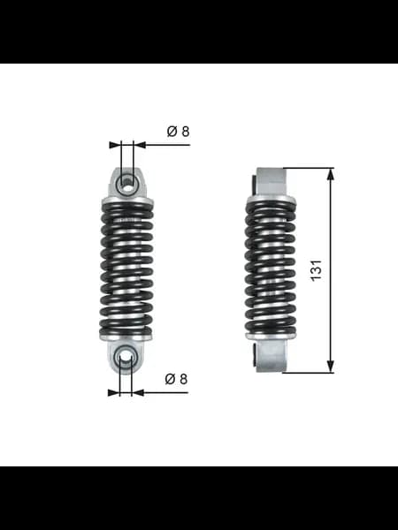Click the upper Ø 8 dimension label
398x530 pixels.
coord(179,131)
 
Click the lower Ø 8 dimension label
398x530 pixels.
coord(176,379)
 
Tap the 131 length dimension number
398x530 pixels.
coord(316,270)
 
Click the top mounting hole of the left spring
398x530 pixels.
coord(126,185)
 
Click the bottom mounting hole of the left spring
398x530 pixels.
coord(126,356)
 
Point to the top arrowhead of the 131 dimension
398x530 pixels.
coord(331,174)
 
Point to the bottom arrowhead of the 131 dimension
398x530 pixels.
coord(331,367)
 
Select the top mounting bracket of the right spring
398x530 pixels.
coord(271,182)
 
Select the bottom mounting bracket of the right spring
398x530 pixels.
coord(272,356)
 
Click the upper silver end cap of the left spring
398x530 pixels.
coord(126,201)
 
